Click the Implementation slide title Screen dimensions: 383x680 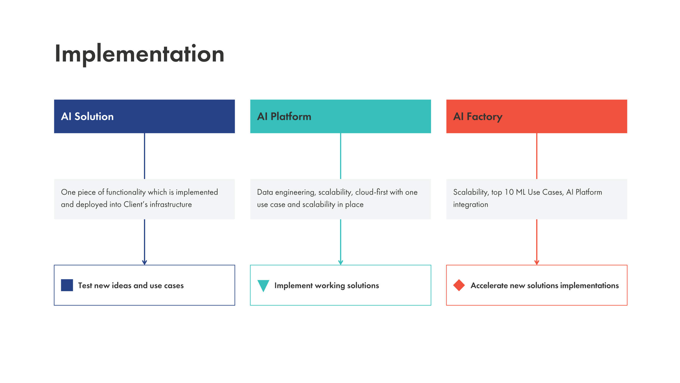139,54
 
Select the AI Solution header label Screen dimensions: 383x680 87,116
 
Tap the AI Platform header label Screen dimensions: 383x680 284,116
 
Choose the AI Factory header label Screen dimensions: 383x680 478,116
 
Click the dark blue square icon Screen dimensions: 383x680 67,285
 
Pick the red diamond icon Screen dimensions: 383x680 459,285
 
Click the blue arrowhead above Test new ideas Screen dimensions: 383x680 144,262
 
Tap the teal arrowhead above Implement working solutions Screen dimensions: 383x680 341,262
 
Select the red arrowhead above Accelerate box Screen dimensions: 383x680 537,262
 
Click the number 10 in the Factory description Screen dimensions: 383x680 509,192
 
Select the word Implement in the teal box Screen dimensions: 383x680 293,285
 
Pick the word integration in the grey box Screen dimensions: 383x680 470,204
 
